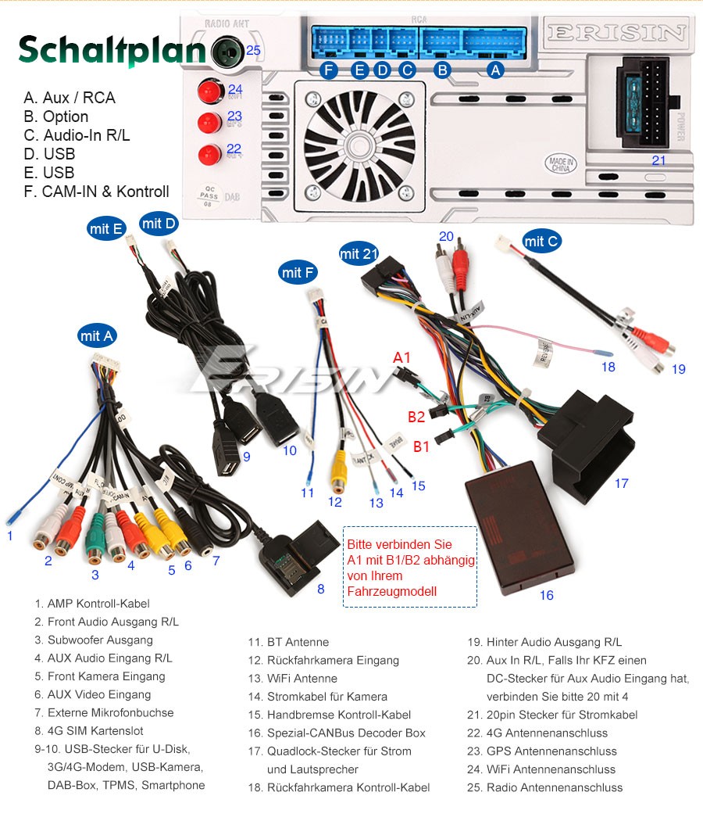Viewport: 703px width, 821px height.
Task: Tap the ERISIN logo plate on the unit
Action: point(616,33)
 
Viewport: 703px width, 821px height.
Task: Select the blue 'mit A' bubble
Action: point(97,336)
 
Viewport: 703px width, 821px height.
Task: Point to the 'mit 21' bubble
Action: point(359,253)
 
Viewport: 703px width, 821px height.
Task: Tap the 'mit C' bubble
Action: point(541,241)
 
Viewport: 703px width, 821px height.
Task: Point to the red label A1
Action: point(401,357)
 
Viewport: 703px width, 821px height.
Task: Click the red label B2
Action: point(416,416)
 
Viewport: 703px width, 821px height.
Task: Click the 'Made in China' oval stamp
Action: point(561,164)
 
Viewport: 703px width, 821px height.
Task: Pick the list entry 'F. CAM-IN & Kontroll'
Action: point(97,192)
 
